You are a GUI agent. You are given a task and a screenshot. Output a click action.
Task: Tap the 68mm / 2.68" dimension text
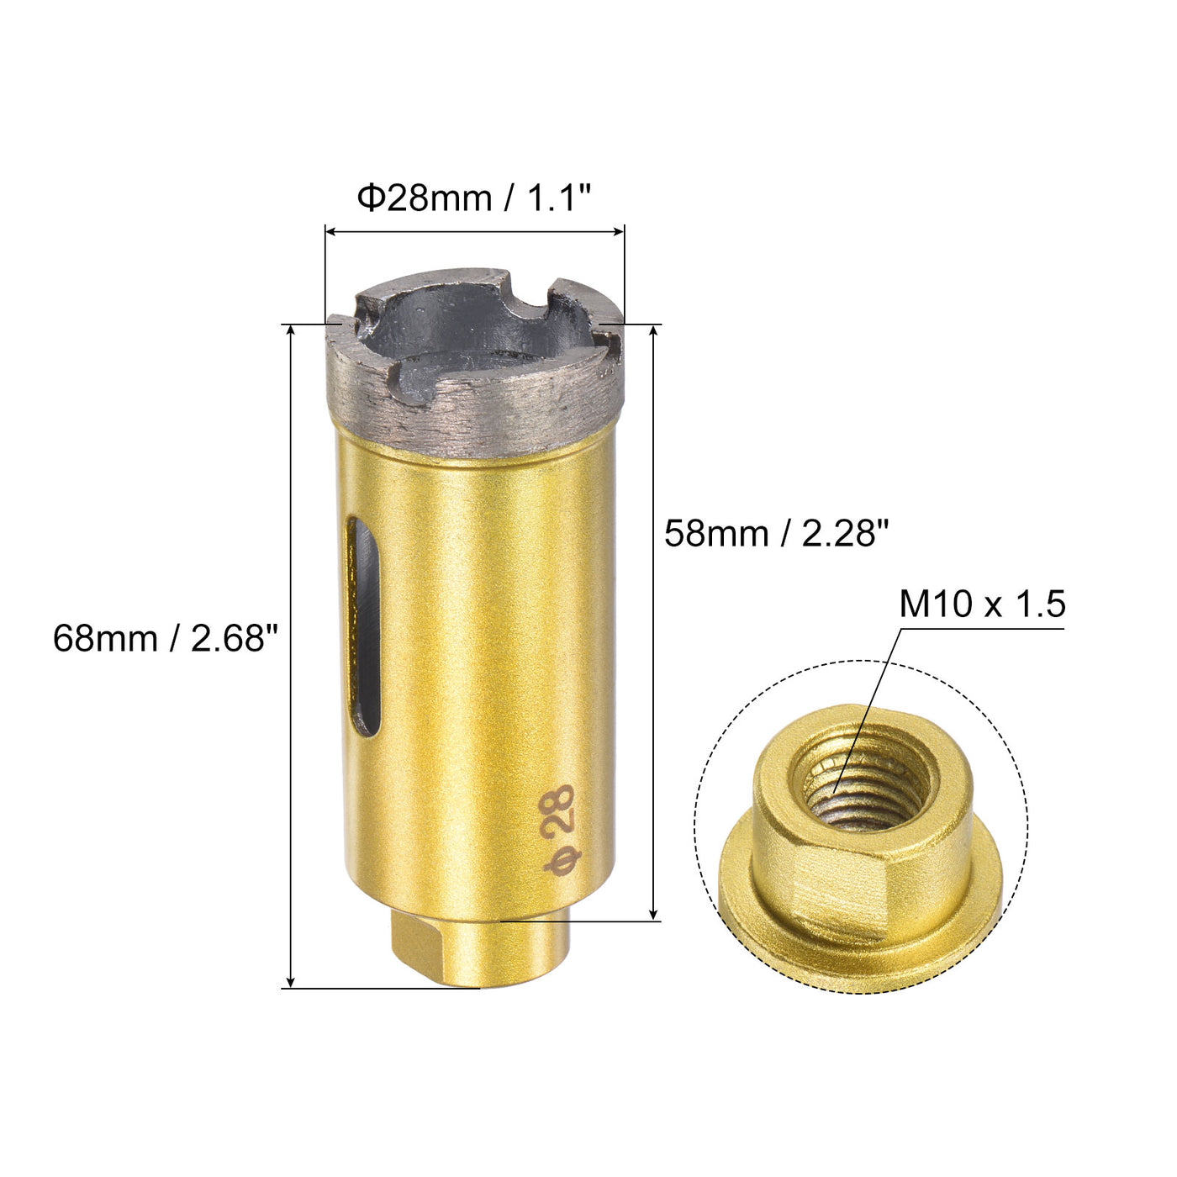[x=165, y=639]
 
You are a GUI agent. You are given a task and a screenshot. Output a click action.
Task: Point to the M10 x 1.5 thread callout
[x=982, y=604]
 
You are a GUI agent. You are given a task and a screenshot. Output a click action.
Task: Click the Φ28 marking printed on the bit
[x=558, y=831]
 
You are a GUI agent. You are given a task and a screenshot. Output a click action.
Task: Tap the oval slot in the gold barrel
[x=362, y=626]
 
